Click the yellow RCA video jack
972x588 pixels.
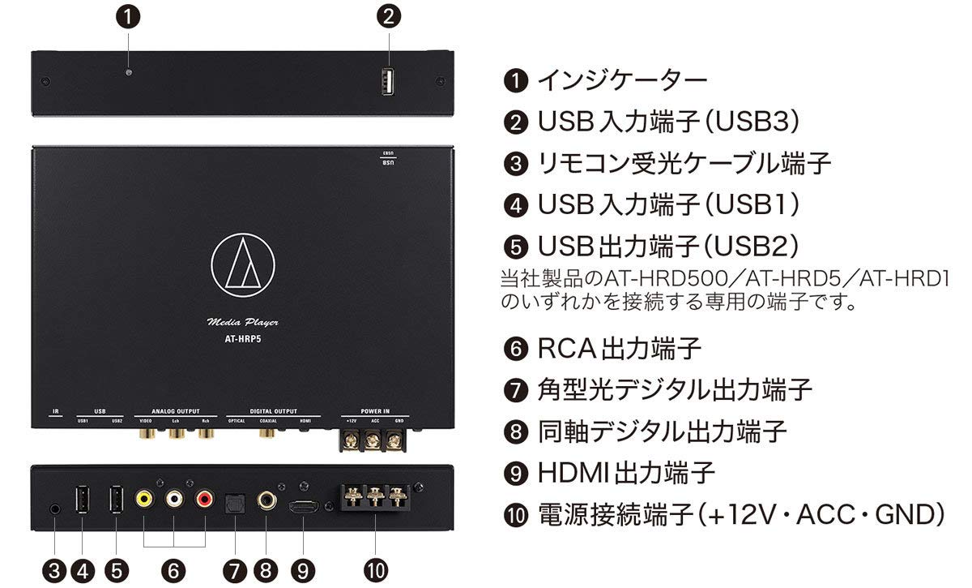point(143,500)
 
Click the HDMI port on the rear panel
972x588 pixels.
point(303,507)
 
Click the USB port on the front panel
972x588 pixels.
point(388,83)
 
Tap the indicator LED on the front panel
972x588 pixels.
point(129,73)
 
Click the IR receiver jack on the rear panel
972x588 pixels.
point(54,509)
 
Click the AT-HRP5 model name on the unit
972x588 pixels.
point(243,341)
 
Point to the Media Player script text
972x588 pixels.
point(243,323)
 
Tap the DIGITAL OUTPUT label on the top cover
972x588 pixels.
point(273,411)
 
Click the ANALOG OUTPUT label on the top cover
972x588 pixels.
point(175,411)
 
